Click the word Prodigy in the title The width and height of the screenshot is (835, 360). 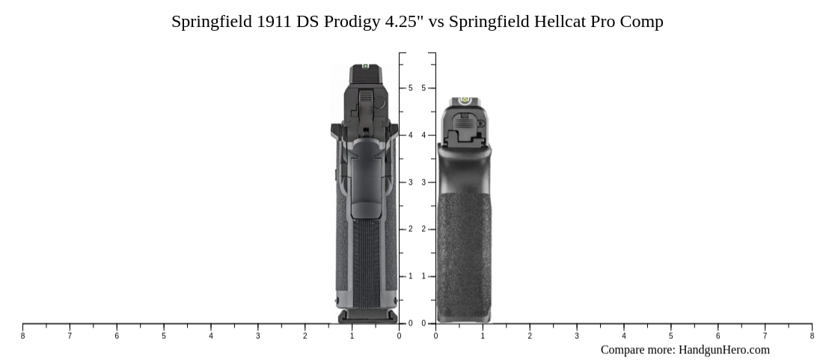pyautogui.click(x=352, y=21)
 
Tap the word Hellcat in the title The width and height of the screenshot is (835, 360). pyautogui.click(x=560, y=21)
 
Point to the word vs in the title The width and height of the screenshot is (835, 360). pyautogui.click(x=435, y=21)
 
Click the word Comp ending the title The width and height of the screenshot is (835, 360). pyautogui.click(x=646, y=21)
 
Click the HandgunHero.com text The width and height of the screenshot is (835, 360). pyautogui.click(x=724, y=350)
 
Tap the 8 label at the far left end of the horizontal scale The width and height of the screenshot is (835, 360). pyautogui.click(x=22, y=336)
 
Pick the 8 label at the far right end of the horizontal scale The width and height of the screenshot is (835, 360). pyautogui.click(x=812, y=336)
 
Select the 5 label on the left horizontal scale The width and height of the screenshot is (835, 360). pyautogui.click(x=164, y=336)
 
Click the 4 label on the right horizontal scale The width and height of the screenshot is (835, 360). pyautogui.click(x=624, y=336)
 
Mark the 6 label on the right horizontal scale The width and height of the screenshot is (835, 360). pyautogui.click(x=718, y=336)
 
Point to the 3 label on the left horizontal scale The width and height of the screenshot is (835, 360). pyautogui.click(x=258, y=336)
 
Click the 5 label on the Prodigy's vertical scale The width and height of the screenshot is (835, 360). pyautogui.click(x=410, y=88)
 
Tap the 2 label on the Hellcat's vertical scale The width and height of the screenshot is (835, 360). pyautogui.click(x=423, y=229)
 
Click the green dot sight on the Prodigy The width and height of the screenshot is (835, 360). pyautogui.click(x=365, y=67)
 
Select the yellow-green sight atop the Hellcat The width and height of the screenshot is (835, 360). pyautogui.click(x=463, y=100)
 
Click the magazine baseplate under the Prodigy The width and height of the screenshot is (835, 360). pyautogui.click(x=367, y=317)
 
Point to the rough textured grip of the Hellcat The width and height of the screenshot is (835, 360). pyautogui.click(x=464, y=254)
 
